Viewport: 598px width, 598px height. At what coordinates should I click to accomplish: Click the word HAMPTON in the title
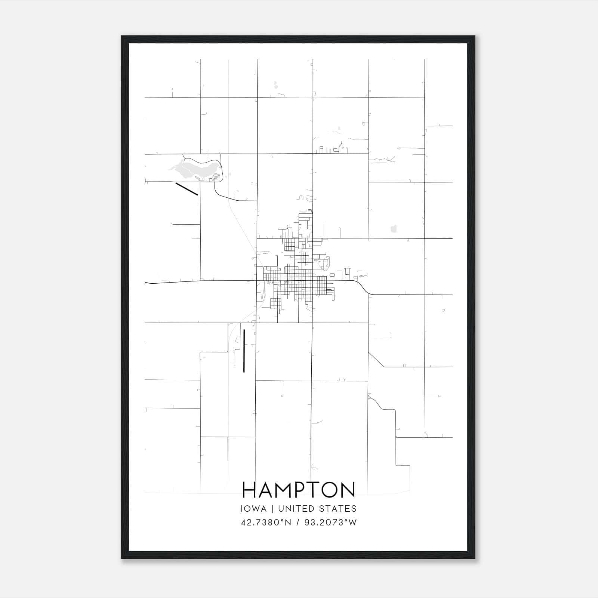(299, 490)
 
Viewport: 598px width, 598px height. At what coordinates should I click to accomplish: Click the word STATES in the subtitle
(337, 509)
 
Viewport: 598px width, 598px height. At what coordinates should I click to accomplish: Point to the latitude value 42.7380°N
(266, 523)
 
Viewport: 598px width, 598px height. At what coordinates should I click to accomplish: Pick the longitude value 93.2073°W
(330, 523)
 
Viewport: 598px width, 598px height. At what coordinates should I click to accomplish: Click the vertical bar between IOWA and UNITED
(272, 509)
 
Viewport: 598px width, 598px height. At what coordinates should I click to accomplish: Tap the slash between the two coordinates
(298, 523)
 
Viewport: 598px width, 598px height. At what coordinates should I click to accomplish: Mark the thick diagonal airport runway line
(187, 189)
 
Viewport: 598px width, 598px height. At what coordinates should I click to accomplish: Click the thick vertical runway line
(244, 351)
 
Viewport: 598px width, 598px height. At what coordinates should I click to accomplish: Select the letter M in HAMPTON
(283, 490)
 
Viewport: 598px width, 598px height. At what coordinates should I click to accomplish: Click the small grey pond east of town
(393, 228)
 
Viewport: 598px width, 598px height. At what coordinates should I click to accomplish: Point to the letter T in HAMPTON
(312, 490)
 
